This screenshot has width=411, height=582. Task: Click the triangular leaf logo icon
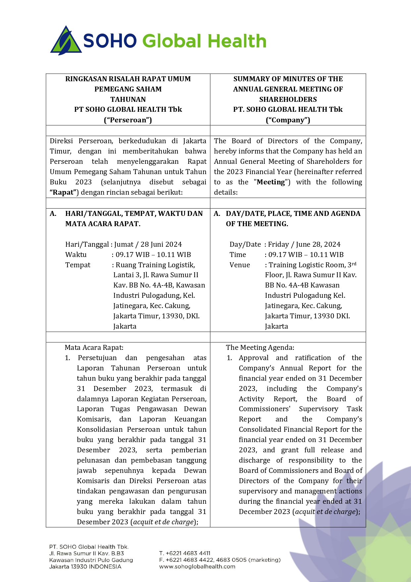pyautogui.click(x=66, y=41)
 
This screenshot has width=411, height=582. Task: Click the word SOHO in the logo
pyautogui.click(x=110, y=41)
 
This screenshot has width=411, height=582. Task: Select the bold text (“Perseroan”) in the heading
pyautogui.click(x=128, y=120)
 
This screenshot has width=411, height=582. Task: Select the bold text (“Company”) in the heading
pyautogui.click(x=288, y=120)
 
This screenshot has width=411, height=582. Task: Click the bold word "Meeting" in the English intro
pyautogui.click(x=271, y=182)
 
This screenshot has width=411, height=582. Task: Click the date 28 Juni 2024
pyautogui.click(x=161, y=244)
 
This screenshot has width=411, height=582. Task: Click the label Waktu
pyautogui.click(x=76, y=255)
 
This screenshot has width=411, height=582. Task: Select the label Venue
pyautogui.click(x=240, y=265)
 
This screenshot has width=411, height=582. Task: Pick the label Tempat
pyautogui.click(x=78, y=265)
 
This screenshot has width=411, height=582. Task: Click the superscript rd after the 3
pyautogui.click(x=354, y=264)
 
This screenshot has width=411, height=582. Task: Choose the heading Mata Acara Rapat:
pyautogui.click(x=94, y=348)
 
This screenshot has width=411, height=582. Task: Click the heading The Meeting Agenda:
pyautogui.click(x=260, y=348)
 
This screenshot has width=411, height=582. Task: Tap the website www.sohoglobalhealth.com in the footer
pyautogui.click(x=197, y=566)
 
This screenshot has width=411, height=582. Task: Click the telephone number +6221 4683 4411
pyautogui.click(x=188, y=553)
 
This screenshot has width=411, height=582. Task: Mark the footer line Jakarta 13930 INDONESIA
pyautogui.click(x=85, y=566)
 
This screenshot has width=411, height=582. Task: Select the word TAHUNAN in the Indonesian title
pyautogui.click(x=128, y=99)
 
